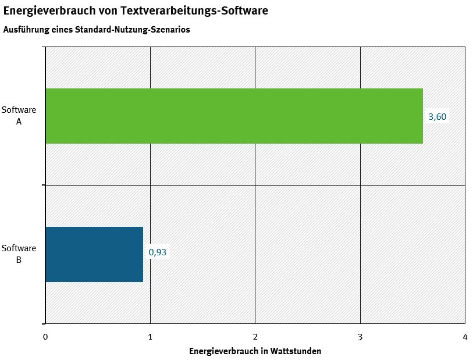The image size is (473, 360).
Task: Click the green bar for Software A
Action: pyautogui.click(x=234, y=116)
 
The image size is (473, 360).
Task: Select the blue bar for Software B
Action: pyautogui.click(x=94, y=254)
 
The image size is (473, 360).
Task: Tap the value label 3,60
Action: pyautogui.click(x=438, y=116)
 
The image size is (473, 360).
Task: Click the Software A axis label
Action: pyautogui.click(x=19, y=115)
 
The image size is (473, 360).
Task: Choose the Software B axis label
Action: pyautogui.click(x=19, y=254)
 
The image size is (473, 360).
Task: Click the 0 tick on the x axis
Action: pyautogui.click(x=45, y=337)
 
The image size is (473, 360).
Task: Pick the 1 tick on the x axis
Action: pyautogui.click(x=150, y=337)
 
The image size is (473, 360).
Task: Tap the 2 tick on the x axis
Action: pyautogui.click(x=255, y=337)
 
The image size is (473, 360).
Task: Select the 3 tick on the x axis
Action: pyautogui.click(x=360, y=337)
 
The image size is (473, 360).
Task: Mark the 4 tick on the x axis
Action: pyautogui.click(x=465, y=337)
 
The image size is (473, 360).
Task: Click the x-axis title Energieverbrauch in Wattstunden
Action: pyautogui.click(x=255, y=351)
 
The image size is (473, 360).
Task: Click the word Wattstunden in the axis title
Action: pyautogui.click(x=298, y=351)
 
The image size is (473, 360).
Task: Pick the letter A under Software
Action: pyautogui.click(x=19, y=121)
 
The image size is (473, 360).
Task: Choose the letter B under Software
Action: pyautogui.click(x=19, y=259)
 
